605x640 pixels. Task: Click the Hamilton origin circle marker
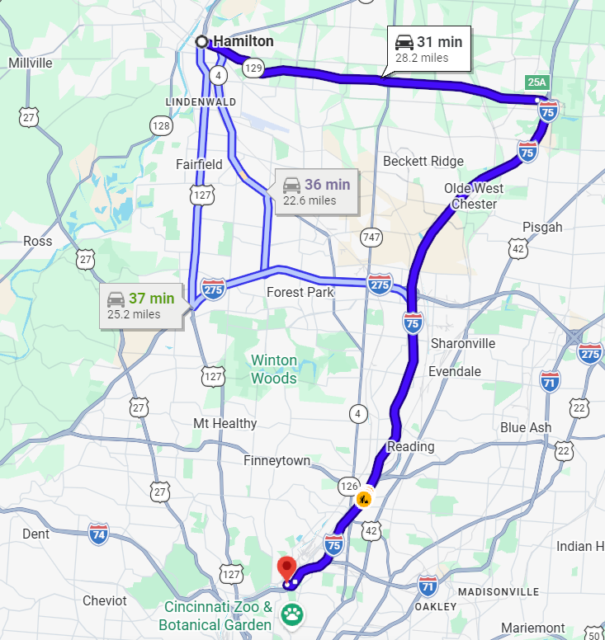point(201,41)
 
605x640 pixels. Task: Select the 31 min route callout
point(428,49)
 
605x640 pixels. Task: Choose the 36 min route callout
point(316,191)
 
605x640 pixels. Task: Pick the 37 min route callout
point(141,305)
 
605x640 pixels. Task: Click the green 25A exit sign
point(537,82)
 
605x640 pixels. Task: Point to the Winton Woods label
point(274,369)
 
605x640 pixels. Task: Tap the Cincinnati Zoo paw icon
point(291,614)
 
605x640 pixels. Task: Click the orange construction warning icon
point(362,499)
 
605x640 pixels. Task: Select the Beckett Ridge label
point(423,161)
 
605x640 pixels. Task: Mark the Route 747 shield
point(371,238)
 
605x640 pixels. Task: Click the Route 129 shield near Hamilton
point(253,69)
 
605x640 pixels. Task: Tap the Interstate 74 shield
point(99,532)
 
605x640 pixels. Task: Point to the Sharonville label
point(463,343)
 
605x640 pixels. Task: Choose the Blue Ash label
point(526,428)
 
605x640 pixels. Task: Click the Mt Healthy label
point(225,423)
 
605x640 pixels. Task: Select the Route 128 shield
point(161,125)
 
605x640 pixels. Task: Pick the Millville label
point(30,63)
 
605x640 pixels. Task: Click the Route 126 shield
point(347,485)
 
